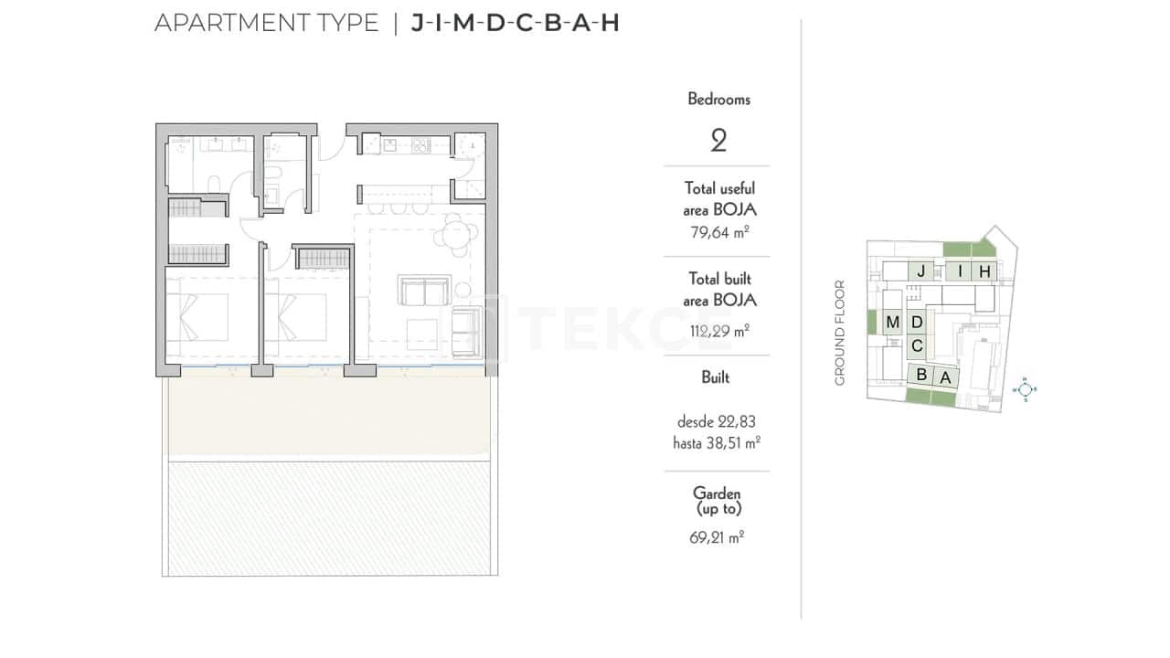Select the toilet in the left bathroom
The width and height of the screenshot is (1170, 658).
[213, 186]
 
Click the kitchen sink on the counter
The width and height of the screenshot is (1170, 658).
[389, 143]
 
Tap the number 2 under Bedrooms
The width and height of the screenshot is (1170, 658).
[718, 141]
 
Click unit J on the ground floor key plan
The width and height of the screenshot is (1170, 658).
[922, 271]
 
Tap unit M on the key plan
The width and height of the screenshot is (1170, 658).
[892, 322]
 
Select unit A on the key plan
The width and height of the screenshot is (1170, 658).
[945, 377]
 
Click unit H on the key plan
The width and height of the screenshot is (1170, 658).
[984, 271]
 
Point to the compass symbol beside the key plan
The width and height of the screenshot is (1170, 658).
[1026, 389]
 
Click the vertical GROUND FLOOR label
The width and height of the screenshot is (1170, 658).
[840, 333]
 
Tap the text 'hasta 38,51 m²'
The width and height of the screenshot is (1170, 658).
[718, 442]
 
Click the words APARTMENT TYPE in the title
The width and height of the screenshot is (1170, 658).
[266, 24]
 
